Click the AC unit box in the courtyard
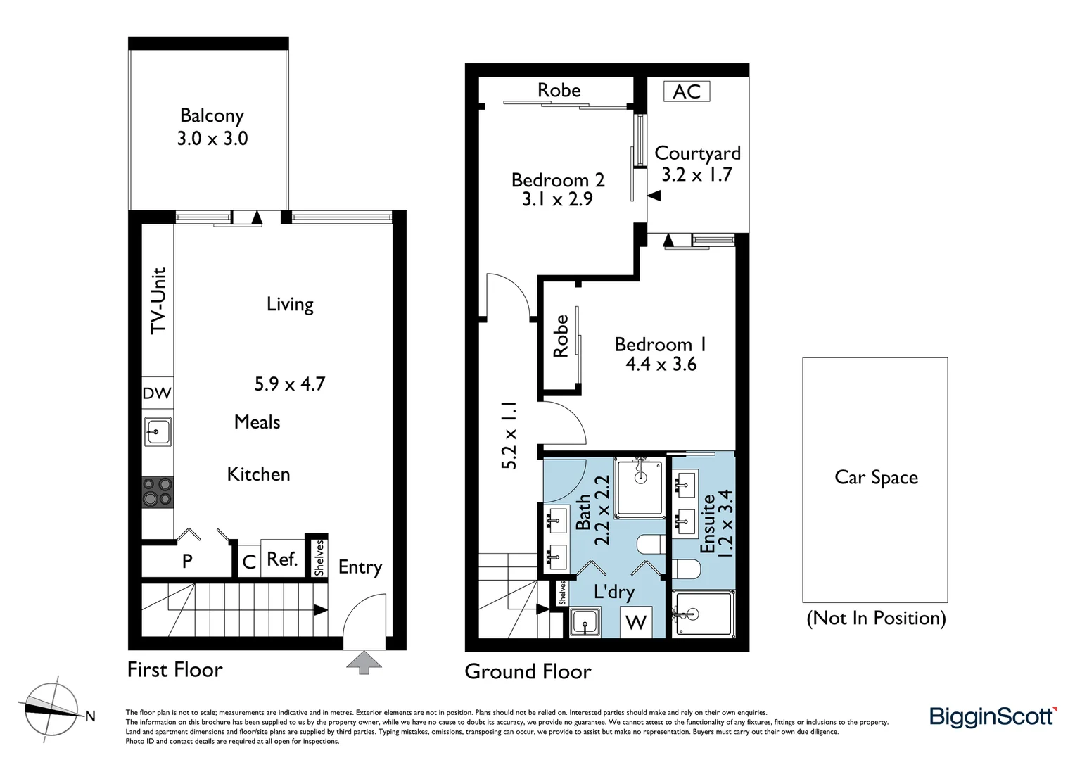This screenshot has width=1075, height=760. (687, 91)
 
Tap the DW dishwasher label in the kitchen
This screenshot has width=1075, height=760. (157, 393)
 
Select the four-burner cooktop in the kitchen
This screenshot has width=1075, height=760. (158, 491)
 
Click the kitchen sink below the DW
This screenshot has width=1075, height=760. (158, 431)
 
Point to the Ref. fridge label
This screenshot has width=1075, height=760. (282, 559)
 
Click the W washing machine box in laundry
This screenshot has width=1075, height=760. (636, 621)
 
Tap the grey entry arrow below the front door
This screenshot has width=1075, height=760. (364, 662)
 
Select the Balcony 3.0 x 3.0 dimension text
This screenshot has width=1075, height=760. (212, 139)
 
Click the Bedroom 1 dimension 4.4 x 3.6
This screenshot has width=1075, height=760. (661, 365)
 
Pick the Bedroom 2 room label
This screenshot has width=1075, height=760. (558, 180)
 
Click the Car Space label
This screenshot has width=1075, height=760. (876, 478)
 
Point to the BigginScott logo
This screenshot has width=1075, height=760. (993, 717)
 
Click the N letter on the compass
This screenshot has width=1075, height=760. (90, 716)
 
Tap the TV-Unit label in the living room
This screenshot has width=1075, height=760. (159, 300)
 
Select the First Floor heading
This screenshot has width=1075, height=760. (174, 669)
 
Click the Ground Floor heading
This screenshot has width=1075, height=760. (528, 671)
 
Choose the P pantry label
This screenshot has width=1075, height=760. (187, 561)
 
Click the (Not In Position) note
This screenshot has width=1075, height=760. (876, 618)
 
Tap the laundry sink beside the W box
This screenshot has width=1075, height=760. (585, 623)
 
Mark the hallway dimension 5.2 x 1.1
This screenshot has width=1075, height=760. (509, 436)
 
